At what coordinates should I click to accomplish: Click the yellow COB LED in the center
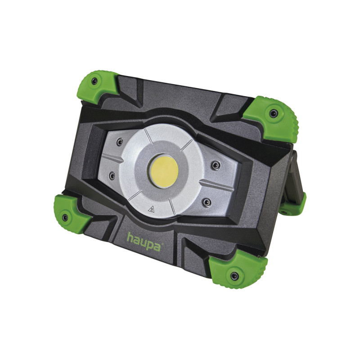(163, 171)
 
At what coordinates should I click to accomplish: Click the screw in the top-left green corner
(94, 81)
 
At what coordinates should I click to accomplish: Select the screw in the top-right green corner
(274, 113)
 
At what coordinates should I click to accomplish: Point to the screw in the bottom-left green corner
(65, 217)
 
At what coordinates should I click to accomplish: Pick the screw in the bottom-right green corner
(234, 276)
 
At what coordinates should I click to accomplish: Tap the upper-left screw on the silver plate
(120, 142)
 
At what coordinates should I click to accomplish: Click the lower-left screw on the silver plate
(112, 176)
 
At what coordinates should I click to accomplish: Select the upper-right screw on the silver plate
(216, 165)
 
